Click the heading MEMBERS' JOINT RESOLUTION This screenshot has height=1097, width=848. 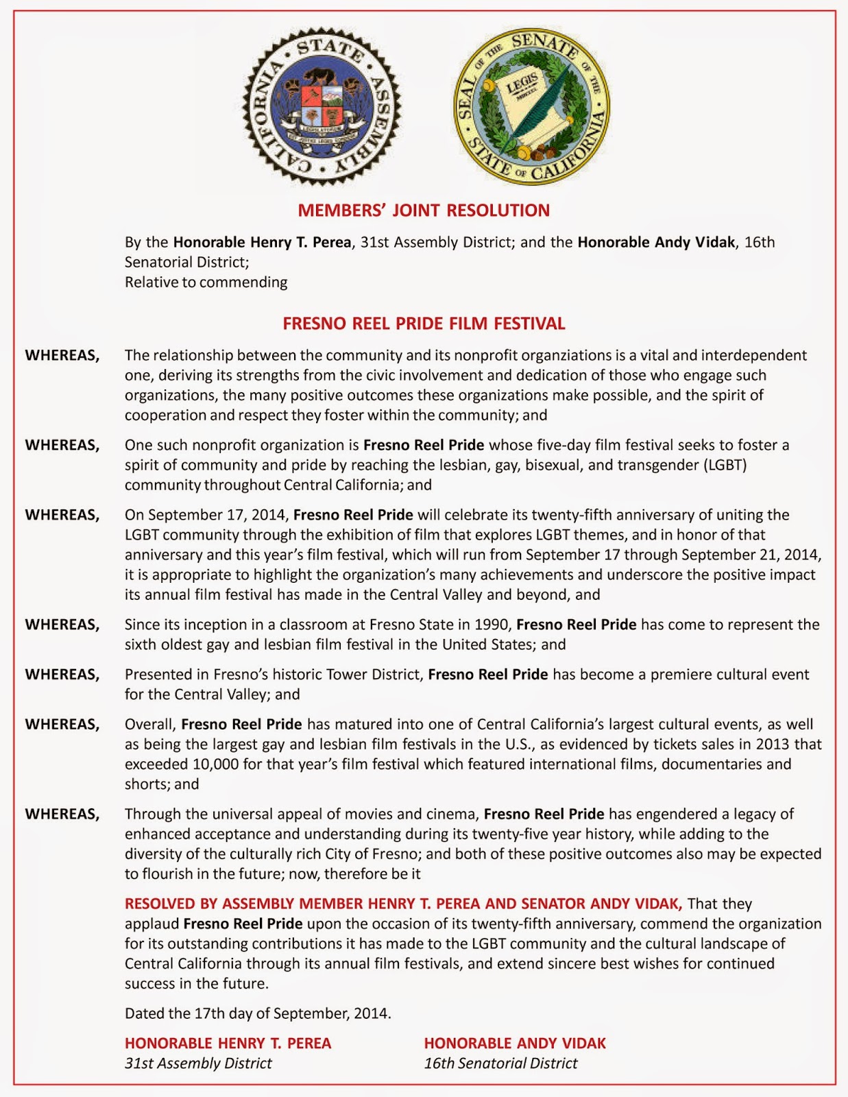(424, 210)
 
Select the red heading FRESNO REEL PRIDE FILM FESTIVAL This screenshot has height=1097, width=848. (424, 324)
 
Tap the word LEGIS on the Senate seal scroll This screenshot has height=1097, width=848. (522, 88)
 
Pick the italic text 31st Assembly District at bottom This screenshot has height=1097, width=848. (198, 1063)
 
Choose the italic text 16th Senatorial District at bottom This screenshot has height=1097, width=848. (500, 1063)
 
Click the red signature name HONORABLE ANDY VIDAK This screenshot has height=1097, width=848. (515, 1044)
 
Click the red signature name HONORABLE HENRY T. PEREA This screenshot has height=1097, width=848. (228, 1044)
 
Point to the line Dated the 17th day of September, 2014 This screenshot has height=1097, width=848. (258, 1013)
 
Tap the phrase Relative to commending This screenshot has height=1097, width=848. (206, 282)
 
